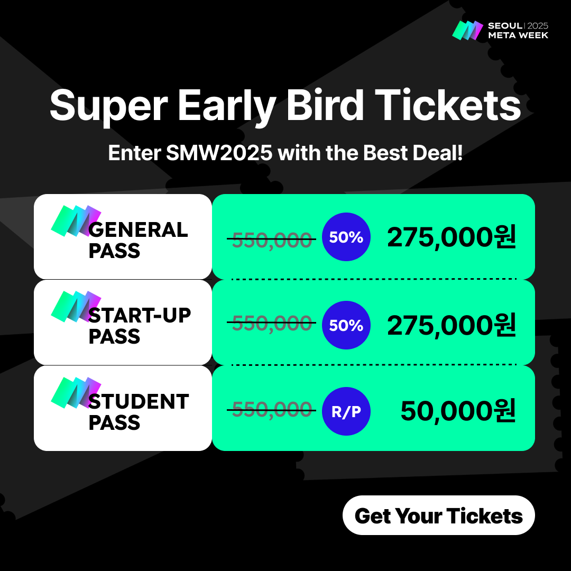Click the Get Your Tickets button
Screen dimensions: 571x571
point(438,515)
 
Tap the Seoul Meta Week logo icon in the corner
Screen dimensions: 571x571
point(467,30)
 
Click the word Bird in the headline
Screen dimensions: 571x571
point(325,106)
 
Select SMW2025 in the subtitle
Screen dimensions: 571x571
point(219,153)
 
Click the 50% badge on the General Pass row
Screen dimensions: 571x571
point(346,237)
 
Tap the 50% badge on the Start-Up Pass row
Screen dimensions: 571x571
point(346,325)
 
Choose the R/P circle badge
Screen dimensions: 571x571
point(346,411)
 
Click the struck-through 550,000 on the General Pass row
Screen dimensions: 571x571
point(272,240)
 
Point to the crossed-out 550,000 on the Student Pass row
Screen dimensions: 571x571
point(272,409)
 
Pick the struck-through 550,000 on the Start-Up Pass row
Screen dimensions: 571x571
point(272,323)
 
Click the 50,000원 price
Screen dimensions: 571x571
point(458,411)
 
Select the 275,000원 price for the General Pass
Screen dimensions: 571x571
point(451,237)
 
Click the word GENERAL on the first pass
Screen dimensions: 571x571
point(138,230)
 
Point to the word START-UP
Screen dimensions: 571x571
point(140,315)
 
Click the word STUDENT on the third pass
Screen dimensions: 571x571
point(139,402)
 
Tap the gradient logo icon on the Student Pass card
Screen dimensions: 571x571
point(76,392)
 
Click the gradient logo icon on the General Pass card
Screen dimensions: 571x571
point(76,220)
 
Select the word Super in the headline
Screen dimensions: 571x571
point(108,106)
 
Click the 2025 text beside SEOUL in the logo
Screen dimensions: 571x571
point(538,26)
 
